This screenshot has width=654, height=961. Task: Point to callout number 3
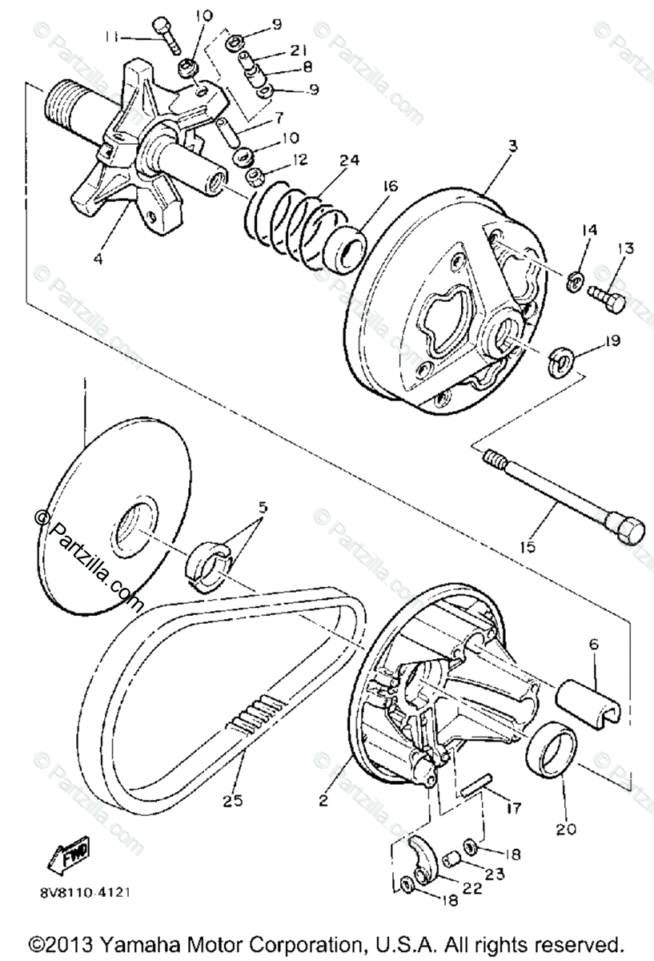tap(512, 146)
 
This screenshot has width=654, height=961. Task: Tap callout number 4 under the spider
tap(98, 259)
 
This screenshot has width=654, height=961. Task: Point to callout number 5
tap(263, 507)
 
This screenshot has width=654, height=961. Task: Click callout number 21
tap(299, 50)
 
